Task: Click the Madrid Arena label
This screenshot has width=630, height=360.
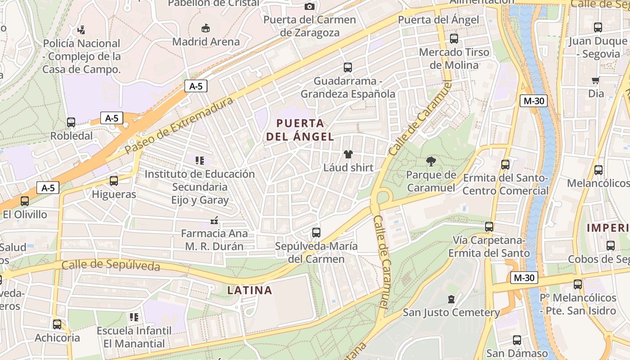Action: (x=206, y=42)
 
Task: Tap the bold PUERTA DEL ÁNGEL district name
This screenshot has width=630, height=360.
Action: (x=300, y=130)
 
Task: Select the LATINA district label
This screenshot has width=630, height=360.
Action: (x=250, y=290)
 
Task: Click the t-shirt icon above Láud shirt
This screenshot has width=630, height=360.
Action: (x=348, y=154)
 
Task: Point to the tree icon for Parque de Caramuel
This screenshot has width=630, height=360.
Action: (x=431, y=161)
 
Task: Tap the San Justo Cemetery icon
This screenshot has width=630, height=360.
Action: (x=451, y=299)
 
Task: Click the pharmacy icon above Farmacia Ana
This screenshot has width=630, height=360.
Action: (x=214, y=220)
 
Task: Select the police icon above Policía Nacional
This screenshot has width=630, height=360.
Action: (x=81, y=30)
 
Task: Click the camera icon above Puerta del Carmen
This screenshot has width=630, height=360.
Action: (x=310, y=6)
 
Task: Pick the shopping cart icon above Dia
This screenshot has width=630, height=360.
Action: (x=596, y=81)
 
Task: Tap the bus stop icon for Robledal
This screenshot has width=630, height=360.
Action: (x=71, y=122)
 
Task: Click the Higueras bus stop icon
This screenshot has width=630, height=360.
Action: (x=114, y=181)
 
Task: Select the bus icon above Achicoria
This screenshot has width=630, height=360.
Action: (x=57, y=324)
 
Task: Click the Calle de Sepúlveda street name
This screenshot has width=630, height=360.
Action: (x=111, y=265)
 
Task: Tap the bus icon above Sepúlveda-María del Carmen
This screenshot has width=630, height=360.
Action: (x=316, y=233)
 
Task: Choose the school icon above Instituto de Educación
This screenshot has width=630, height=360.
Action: (x=200, y=161)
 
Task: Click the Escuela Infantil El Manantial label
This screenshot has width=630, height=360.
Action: (x=134, y=337)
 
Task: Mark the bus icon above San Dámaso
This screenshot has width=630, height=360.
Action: (x=517, y=340)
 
